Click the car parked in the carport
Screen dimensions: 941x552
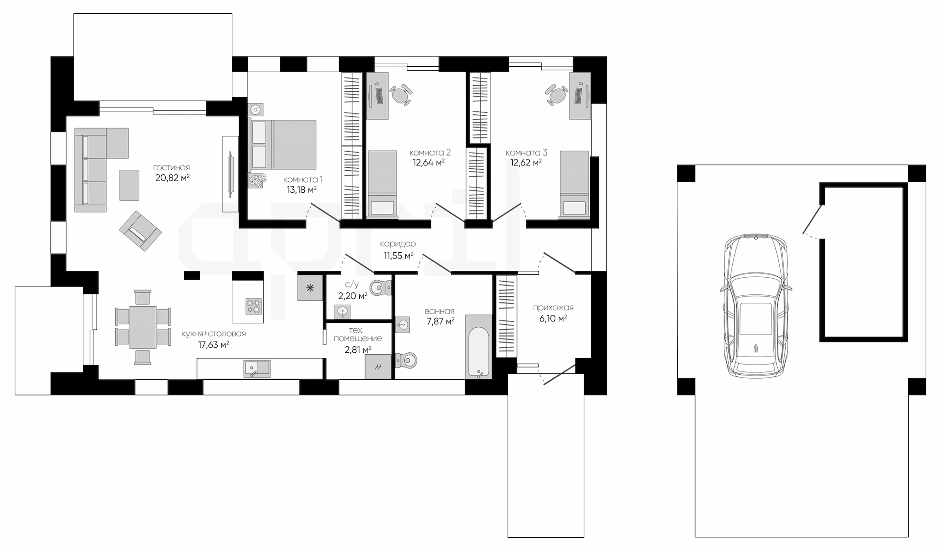tap(756, 306)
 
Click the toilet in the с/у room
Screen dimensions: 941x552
tap(380, 288)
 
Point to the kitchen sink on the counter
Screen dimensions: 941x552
tap(257, 368)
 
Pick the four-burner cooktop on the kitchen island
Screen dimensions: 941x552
tap(254, 306)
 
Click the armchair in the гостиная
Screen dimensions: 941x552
tap(140, 231)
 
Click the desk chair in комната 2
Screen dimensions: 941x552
tap(401, 94)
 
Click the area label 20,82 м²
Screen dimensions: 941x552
tap(173, 178)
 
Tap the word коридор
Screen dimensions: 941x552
tap(398, 244)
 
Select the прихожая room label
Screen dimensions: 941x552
tap(553, 308)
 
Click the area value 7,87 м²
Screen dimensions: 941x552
tap(440, 321)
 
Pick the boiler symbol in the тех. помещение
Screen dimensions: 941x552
tap(378, 367)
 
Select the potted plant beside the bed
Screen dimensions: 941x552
tap(257, 181)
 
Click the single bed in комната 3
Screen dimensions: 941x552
tap(574, 184)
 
